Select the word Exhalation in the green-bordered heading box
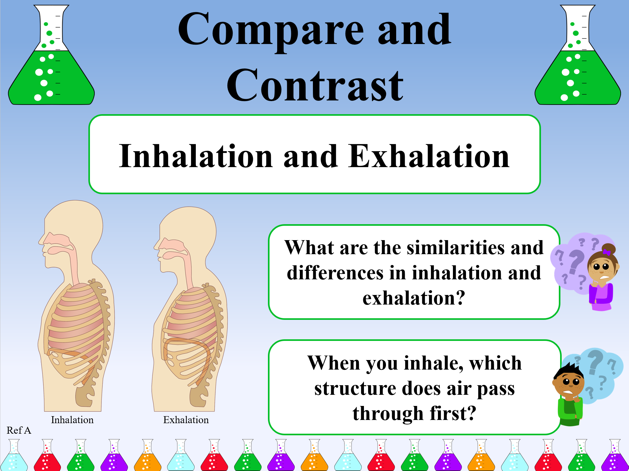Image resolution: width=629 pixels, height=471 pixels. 429,156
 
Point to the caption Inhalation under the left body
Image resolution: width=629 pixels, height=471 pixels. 72,420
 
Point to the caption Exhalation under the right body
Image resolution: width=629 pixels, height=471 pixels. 186,420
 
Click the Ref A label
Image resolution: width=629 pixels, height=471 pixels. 19,431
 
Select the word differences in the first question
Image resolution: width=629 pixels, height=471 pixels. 346,273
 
